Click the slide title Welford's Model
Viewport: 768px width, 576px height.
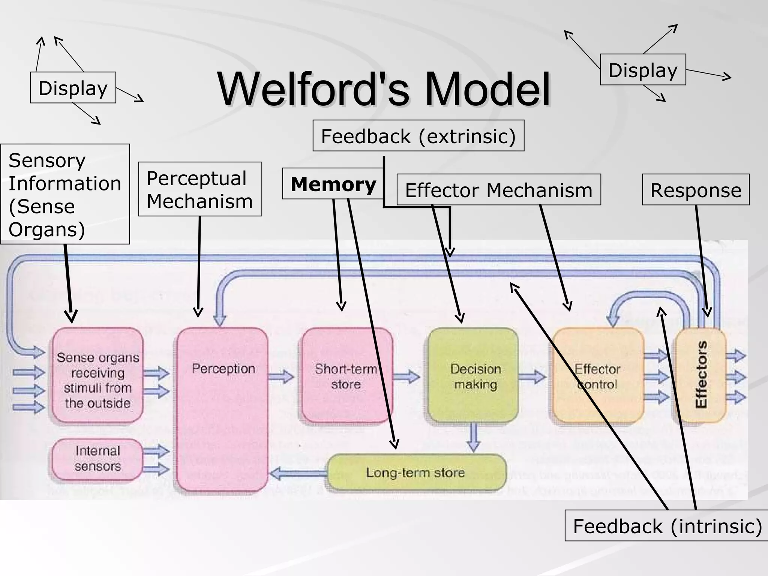[384, 90]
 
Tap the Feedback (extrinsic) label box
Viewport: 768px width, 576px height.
[418, 136]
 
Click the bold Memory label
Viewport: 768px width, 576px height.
[333, 184]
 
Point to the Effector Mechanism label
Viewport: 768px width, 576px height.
[498, 190]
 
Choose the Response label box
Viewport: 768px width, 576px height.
[696, 190]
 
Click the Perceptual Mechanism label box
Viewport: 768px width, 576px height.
[199, 189]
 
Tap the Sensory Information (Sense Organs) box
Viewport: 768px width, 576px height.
[65, 194]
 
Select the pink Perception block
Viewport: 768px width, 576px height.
[223, 409]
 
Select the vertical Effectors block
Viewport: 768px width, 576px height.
[700, 375]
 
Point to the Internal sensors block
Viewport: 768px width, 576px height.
[97, 459]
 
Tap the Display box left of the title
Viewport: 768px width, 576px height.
[73, 88]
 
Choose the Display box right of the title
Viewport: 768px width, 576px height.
[643, 70]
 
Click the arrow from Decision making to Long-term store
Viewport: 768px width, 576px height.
[474, 437]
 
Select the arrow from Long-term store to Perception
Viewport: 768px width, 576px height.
[298, 474]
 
